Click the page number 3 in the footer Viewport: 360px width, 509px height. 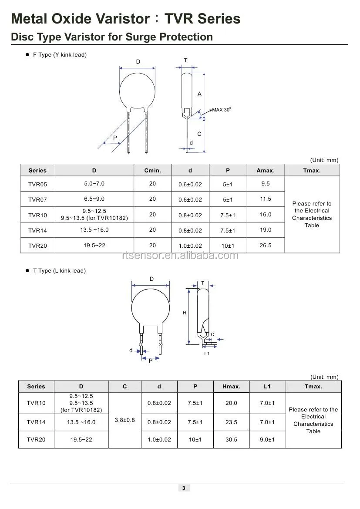(x=184, y=488)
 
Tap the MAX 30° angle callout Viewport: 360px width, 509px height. (x=221, y=110)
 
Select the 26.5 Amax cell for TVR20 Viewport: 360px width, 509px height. (x=266, y=246)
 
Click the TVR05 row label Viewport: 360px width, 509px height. (x=37, y=184)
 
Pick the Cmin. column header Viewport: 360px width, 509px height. (x=152, y=170)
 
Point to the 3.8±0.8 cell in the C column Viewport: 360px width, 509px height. (x=124, y=420)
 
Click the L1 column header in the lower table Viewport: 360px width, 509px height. (x=267, y=386)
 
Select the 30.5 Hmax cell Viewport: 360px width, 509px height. (x=231, y=440)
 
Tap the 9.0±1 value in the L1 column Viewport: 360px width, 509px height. (x=267, y=440)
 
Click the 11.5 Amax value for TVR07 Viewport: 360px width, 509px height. (x=266, y=199)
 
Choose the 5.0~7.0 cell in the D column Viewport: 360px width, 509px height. (x=94, y=184)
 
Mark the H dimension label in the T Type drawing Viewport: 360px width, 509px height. (x=185, y=313)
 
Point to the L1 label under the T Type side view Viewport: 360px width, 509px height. (x=207, y=354)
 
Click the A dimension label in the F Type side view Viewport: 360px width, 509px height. (x=199, y=94)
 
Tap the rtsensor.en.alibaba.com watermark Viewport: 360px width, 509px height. (x=180, y=256)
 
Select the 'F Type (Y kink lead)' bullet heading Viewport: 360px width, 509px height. (x=60, y=55)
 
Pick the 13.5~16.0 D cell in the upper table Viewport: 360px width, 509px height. (x=94, y=230)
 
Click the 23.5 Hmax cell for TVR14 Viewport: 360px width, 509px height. (x=231, y=422)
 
